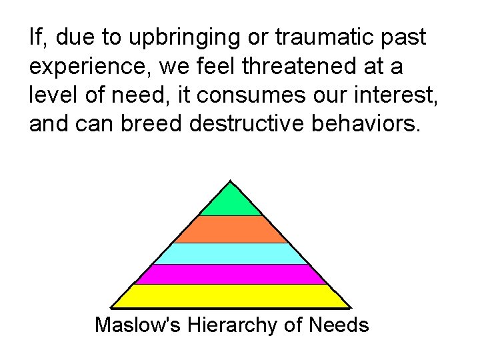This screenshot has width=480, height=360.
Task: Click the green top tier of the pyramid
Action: point(231,201)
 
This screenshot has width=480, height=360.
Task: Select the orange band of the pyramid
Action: point(231,229)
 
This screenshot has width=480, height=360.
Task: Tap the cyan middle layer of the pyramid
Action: point(231,253)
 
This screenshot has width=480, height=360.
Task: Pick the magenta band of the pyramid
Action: point(231,274)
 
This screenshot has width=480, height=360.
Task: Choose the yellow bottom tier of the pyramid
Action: point(231,296)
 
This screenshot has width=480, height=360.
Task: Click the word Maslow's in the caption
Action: point(139,325)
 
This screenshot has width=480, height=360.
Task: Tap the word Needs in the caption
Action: point(339,325)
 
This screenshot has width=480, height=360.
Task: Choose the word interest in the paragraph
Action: point(389,96)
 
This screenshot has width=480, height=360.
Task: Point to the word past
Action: point(403,39)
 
